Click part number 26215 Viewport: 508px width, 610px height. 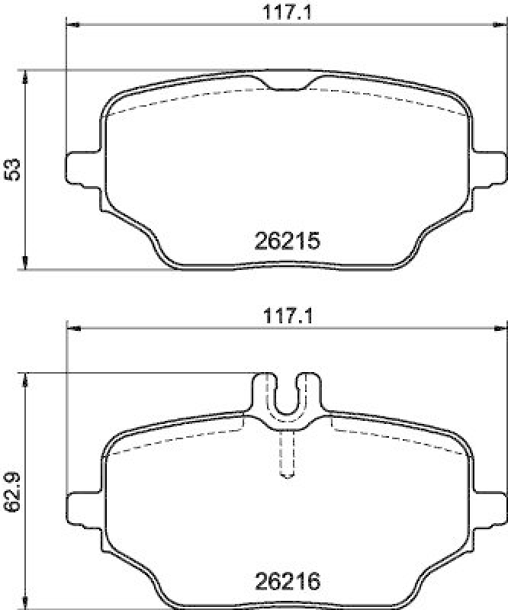(285, 242)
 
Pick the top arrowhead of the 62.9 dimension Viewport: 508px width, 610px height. (27, 377)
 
